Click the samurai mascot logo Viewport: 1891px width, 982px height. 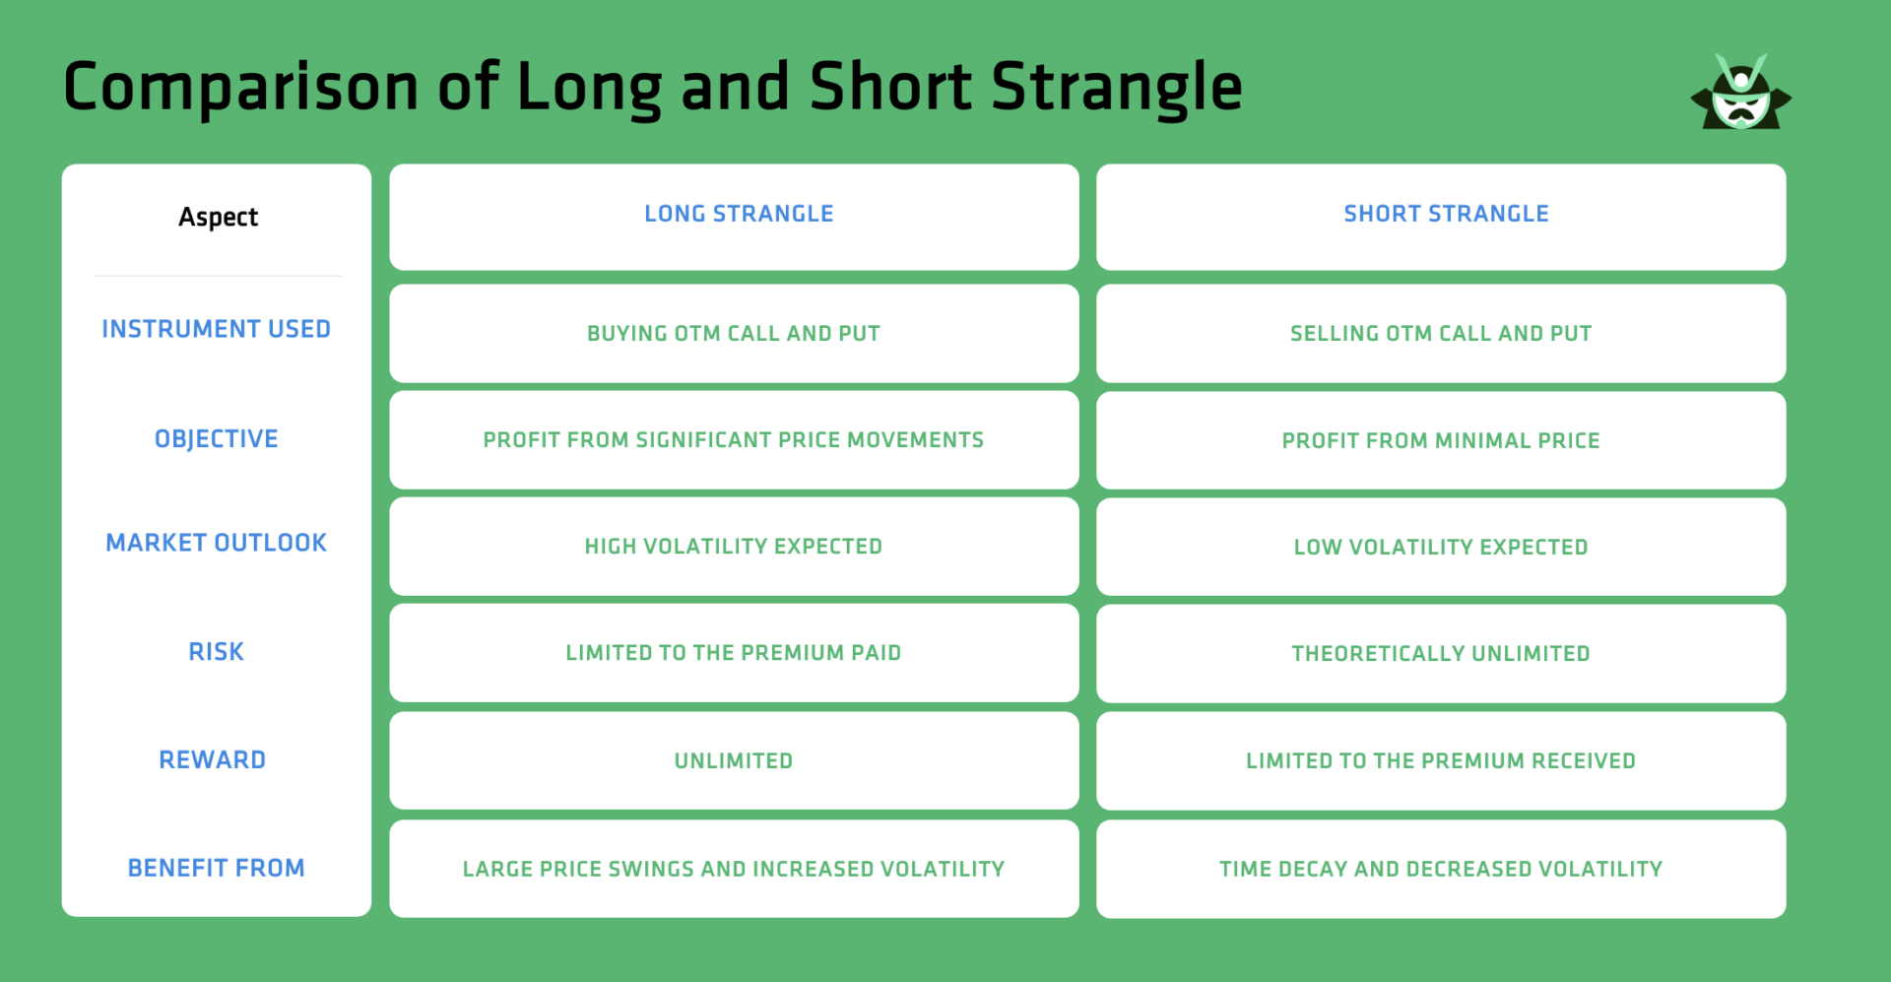(1740, 95)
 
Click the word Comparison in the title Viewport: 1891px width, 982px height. (241, 87)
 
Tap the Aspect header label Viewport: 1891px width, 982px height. (218, 217)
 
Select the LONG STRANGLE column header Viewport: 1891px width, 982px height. (739, 214)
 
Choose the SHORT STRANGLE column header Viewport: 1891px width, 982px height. (1446, 214)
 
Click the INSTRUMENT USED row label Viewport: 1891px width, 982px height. (216, 329)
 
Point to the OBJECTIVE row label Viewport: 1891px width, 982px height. (216, 438)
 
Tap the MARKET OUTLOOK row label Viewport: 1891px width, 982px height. (216, 543)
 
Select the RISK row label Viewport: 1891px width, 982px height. (216, 651)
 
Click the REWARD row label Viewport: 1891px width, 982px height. (212, 759)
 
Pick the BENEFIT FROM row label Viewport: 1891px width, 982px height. (216, 868)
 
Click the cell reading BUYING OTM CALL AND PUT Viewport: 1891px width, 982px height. (734, 334)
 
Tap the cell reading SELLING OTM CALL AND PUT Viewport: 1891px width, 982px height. (1441, 334)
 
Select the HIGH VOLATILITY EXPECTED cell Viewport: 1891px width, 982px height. (734, 547)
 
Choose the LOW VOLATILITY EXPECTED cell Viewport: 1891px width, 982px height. (1441, 547)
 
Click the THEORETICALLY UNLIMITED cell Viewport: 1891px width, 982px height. (1441, 653)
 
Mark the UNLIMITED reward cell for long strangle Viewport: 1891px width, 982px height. (734, 760)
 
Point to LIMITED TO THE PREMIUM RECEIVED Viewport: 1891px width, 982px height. (1441, 760)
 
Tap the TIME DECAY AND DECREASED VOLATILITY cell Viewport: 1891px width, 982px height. (1441, 869)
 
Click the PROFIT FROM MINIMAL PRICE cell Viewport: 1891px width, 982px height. (1441, 440)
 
